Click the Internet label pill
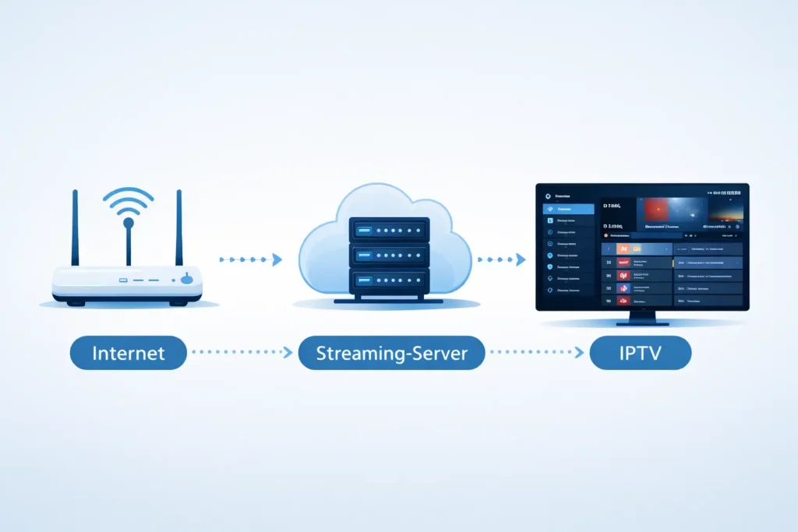click(x=129, y=353)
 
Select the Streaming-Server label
click(x=391, y=353)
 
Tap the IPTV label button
click(x=641, y=353)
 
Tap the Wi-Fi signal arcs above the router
click(x=128, y=201)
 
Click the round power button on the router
click(x=185, y=280)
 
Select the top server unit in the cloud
click(x=389, y=231)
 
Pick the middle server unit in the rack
click(x=389, y=255)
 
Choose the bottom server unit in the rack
click(x=389, y=280)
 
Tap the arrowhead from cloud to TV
click(x=521, y=260)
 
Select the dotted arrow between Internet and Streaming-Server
click(x=242, y=353)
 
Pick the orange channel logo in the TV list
click(x=623, y=248)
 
